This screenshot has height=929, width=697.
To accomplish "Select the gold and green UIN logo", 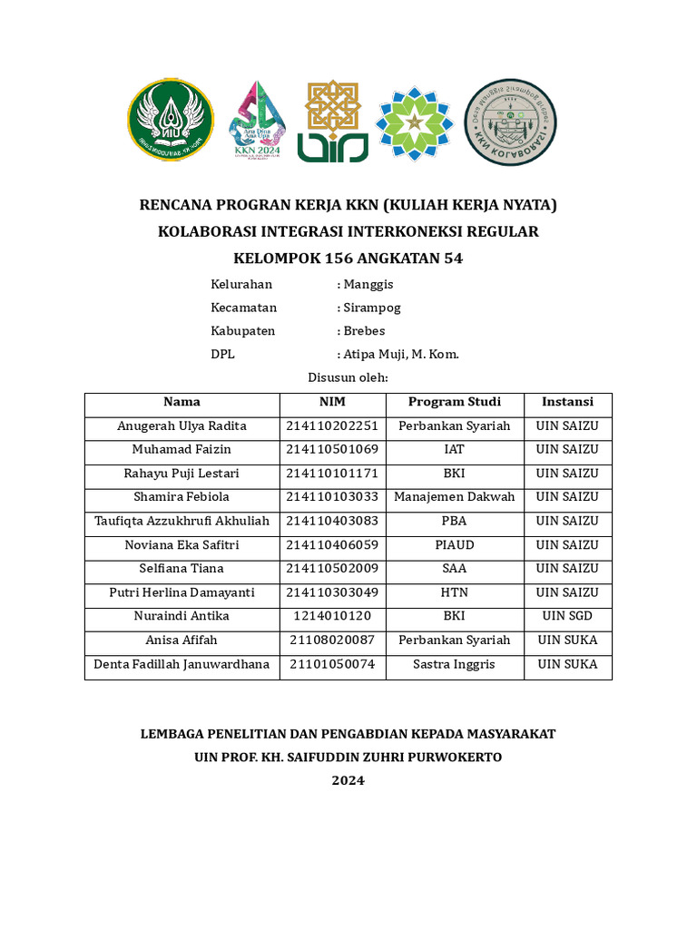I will click(333, 121).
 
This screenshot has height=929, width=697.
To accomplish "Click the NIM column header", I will click(332, 402).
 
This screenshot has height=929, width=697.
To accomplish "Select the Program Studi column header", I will click(454, 402).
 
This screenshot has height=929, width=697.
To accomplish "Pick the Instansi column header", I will click(567, 402).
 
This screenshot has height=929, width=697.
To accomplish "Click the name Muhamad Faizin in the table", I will click(182, 449).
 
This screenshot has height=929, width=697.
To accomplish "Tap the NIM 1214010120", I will click(332, 616).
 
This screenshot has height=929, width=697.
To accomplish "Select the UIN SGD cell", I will click(567, 616).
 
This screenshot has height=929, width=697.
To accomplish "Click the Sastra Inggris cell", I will click(454, 664).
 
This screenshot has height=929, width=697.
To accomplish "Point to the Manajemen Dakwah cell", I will click(454, 497).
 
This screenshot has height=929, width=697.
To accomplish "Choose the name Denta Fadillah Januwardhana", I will click(182, 664).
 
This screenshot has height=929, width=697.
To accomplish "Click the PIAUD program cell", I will click(454, 545).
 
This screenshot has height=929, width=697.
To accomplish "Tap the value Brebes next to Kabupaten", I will click(364, 331).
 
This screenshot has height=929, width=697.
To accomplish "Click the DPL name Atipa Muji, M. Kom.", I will click(400, 355).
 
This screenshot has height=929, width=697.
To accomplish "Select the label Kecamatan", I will click(243, 308).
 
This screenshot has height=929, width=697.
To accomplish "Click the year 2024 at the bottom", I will click(348, 780).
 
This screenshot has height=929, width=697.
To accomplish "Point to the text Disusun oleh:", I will click(348, 377).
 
